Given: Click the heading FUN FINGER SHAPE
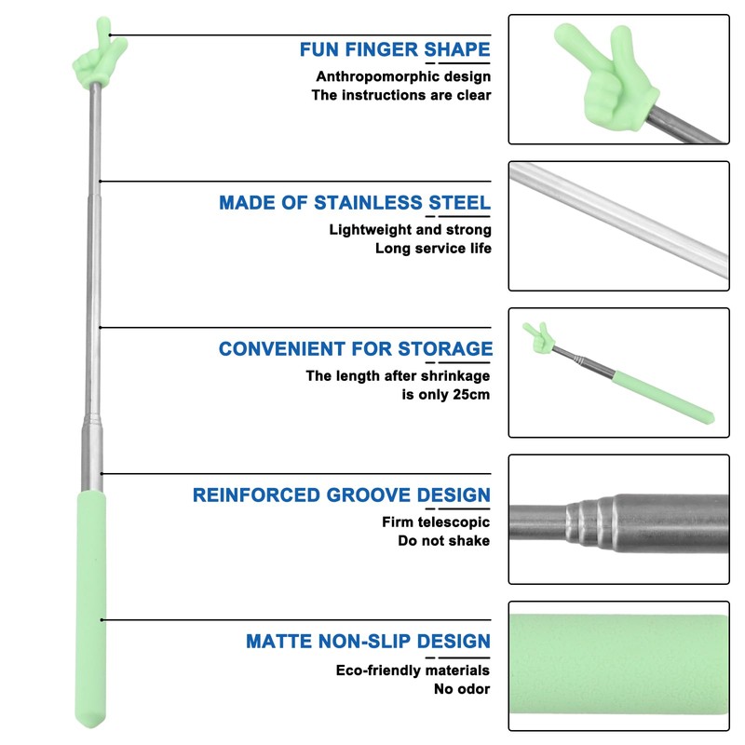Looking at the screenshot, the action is coord(395,49).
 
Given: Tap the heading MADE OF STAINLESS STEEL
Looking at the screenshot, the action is coord(355,203).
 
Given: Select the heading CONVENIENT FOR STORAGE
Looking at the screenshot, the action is coord(356,348).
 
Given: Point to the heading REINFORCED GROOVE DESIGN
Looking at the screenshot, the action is coord(341,495).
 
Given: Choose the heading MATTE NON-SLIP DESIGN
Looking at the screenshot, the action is coord(368,642).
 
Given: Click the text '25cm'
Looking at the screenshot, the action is coord(471,395).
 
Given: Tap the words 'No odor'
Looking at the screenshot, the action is coord(462,689).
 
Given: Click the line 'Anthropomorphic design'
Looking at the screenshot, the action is coord(403,76).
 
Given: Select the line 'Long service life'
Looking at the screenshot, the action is coord(433,249).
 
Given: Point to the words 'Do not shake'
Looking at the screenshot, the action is coord(444,541).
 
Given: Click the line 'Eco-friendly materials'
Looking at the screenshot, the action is coord(413,670).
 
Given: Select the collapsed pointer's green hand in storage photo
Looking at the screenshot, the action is coord(538,337).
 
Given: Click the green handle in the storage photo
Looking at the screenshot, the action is coord(663,398).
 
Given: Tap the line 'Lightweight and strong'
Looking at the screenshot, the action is coord(410,230).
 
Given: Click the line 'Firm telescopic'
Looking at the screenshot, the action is coord(436,522).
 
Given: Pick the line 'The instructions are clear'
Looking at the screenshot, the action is coord(401,95).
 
